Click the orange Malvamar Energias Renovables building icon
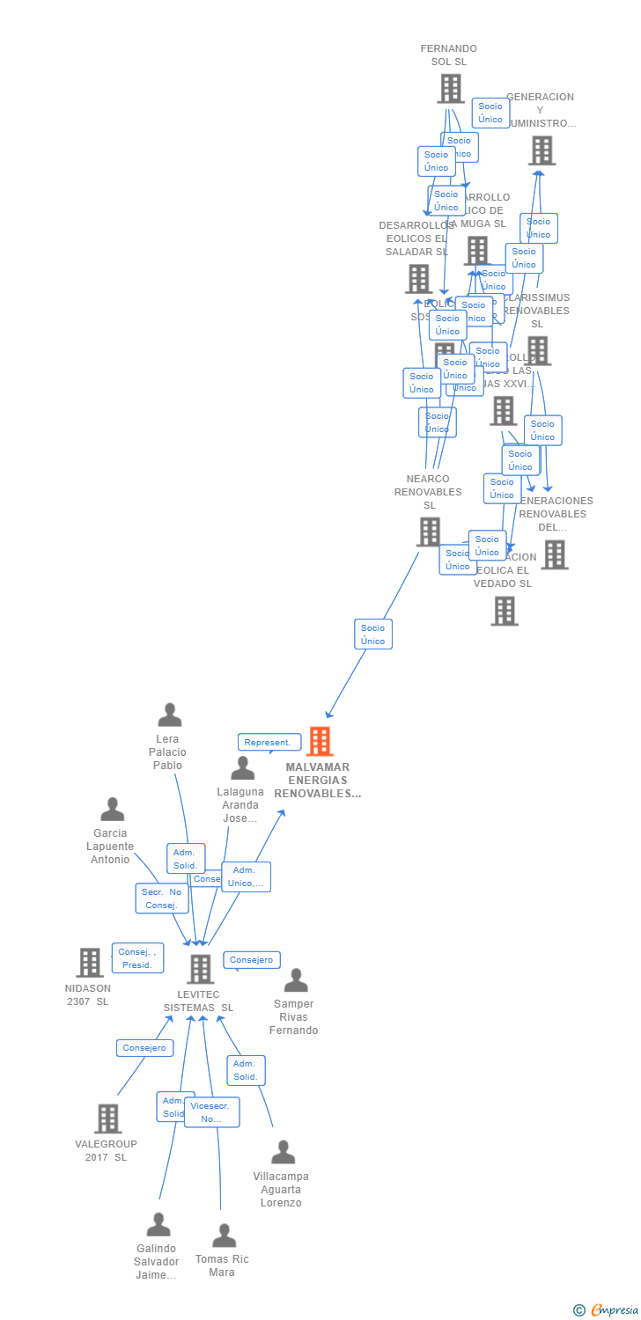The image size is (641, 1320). point(320,742)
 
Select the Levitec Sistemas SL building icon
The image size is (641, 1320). point(201,969)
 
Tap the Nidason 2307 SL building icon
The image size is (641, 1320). point(90,963)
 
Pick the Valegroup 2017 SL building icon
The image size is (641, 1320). point(107,1118)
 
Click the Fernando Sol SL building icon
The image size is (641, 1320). point(450,88)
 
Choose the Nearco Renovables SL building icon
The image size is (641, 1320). point(429,532)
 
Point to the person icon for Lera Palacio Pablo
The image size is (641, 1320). point(169,715)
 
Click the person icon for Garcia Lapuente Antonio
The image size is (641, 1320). point(113,810)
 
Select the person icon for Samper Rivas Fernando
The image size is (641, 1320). point(296,980)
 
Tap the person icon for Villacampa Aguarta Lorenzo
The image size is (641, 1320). point(283,1152)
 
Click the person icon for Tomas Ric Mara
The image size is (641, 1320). point(224,1236)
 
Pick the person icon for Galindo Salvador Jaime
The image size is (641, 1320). point(158,1225)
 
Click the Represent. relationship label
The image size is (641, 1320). point(268,743)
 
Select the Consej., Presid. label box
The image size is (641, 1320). point(137,958)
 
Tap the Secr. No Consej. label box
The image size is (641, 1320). point(161,898)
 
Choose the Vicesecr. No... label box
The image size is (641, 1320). point(211,1112)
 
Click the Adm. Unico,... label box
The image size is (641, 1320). point(246,876)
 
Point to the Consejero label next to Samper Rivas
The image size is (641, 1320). point(252,960)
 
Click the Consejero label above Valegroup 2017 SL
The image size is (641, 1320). point(144,1048)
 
